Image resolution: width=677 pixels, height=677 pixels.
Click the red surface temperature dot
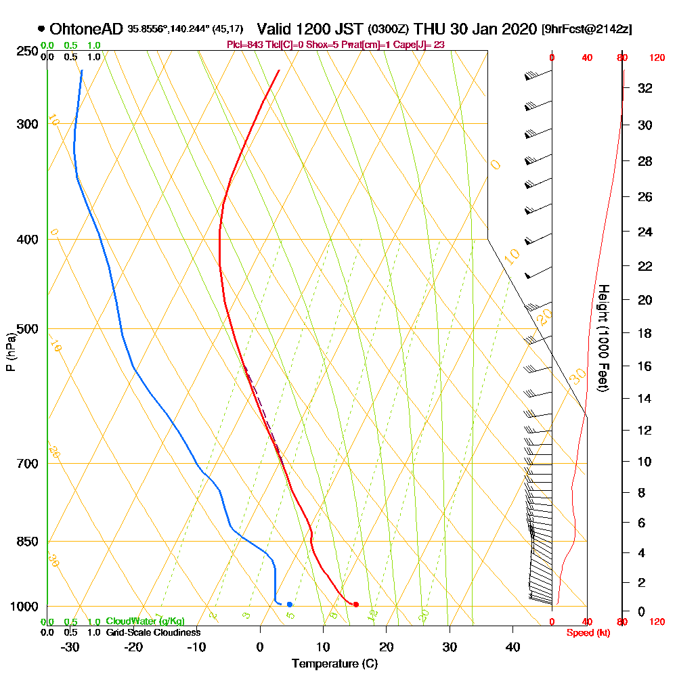(x=355, y=604)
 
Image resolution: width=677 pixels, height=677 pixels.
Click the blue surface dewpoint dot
(x=289, y=604)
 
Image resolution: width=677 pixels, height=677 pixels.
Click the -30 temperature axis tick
(x=70, y=647)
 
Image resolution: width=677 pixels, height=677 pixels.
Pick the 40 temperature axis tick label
(x=513, y=647)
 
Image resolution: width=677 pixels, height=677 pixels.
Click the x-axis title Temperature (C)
(x=334, y=664)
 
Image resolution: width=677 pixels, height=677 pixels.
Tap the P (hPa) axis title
(x=10, y=352)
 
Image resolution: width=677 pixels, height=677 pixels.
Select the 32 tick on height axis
(x=644, y=88)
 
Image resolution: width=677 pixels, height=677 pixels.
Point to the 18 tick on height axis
(x=644, y=333)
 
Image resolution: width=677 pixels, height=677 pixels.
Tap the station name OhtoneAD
(x=86, y=29)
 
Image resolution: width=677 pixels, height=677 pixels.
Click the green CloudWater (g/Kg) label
(x=145, y=621)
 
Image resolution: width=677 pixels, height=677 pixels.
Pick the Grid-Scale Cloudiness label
(x=153, y=632)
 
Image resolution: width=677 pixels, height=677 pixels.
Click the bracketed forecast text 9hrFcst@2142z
(x=587, y=30)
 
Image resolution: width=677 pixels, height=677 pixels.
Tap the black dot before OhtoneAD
(x=41, y=29)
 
